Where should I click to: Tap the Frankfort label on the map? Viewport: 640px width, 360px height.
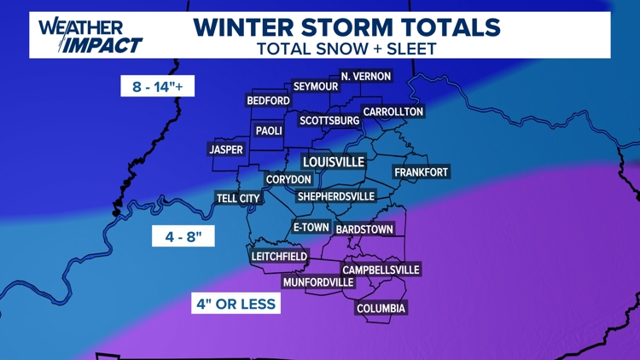(421, 172)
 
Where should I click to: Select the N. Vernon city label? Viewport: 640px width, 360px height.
(365, 77)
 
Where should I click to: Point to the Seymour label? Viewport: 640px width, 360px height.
(316, 87)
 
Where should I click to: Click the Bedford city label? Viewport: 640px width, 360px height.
(269, 101)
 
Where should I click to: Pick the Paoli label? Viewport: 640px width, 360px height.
(269, 131)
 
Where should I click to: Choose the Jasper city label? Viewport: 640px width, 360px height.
(226, 150)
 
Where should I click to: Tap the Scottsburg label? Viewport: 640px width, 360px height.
(329, 121)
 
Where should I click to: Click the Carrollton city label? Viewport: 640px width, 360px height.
(393, 112)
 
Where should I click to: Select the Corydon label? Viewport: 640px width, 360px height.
(288, 180)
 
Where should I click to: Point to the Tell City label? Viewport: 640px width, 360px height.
(238, 199)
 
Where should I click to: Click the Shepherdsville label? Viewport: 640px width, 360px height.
(336, 197)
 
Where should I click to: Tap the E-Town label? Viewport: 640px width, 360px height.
(311, 228)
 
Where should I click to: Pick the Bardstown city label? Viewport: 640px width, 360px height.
(364, 229)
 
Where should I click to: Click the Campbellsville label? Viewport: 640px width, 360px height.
(381, 270)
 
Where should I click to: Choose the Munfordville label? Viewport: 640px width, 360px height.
(318, 282)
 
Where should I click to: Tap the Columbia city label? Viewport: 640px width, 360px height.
(381, 308)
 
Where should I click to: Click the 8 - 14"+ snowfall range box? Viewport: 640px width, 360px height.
(158, 86)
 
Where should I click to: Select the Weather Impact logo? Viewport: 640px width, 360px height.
(90, 35)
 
